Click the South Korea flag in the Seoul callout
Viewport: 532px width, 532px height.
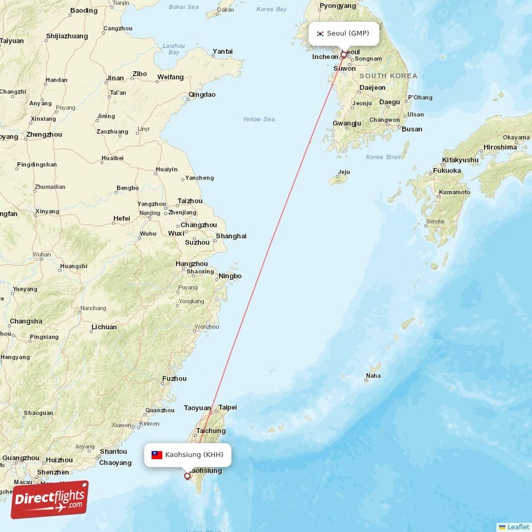click(320, 33)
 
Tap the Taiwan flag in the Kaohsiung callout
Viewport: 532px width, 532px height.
click(157, 455)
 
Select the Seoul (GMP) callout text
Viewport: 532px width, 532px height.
click(348, 33)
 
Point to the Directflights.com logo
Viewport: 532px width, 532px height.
click(49, 499)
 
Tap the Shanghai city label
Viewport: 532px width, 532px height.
click(231, 236)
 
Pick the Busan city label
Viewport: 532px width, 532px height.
click(412, 129)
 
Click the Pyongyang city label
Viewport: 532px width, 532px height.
click(338, 6)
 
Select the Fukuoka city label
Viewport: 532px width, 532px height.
click(447, 171)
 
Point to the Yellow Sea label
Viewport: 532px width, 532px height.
click(259, 120)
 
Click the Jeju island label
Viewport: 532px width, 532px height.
click(344, 172)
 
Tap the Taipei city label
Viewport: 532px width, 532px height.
click(228, 407)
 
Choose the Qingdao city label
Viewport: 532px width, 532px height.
click(202, 94)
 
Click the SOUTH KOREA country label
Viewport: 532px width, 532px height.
click(388, 76)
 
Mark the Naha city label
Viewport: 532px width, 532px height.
click(373, 376)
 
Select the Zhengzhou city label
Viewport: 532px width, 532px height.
click(44, 134)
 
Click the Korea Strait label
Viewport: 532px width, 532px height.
click(384, 158)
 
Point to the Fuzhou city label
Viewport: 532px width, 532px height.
click(174, 379)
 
